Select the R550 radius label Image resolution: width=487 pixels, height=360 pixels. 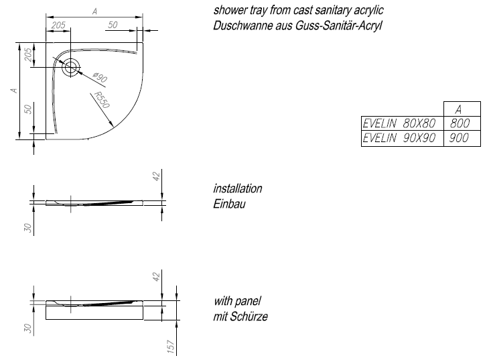pos(101,100)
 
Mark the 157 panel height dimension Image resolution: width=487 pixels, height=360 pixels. pos(171,346)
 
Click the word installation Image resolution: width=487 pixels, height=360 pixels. pos(238,188)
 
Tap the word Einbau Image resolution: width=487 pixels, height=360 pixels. pos(229,204)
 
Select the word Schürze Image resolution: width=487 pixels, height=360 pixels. pos(249,316)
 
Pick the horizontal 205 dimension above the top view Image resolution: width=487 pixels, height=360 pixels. pos(58,25)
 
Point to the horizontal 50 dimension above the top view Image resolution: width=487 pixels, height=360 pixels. pos(113,25)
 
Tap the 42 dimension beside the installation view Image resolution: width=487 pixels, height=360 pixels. pos(156,176)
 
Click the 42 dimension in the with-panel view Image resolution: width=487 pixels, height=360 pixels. pos(156,276)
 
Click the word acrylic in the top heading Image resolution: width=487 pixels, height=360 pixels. pos(368,11)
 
